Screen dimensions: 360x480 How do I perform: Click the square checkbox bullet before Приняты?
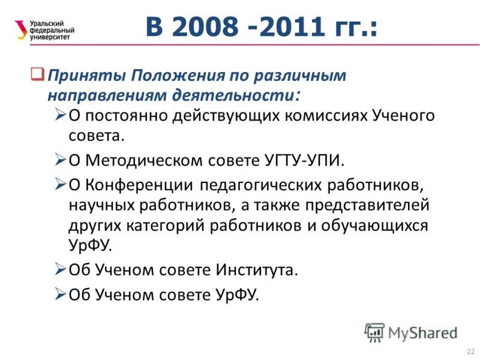click(37, 75)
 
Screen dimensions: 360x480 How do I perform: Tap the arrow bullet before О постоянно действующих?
click(59, 114)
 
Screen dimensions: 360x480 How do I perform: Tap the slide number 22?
click(469, 350)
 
